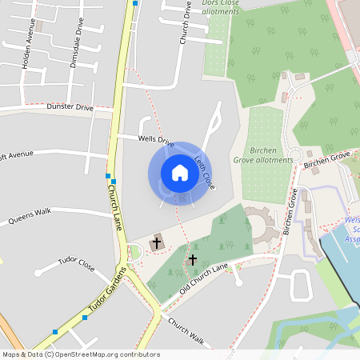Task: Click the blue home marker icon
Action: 180,173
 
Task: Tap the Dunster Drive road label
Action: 70,106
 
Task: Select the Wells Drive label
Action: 156,141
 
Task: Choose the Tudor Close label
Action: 78,262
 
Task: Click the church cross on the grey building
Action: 156,241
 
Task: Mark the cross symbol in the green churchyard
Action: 192,260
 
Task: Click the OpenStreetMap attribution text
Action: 80,354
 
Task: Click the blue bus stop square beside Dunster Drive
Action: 108,175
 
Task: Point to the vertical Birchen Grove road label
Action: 288,212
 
